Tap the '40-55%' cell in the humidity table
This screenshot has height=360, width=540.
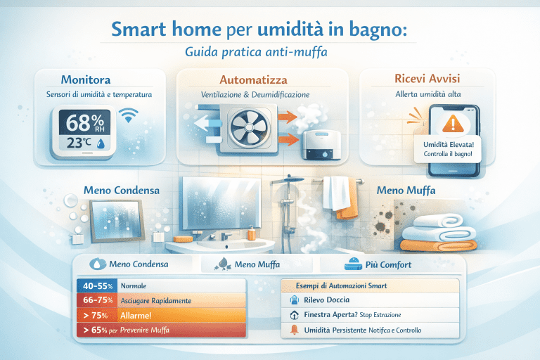pyautogui.click(x=96, y=287)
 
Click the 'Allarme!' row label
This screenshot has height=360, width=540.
pyautogui.click(x=141, y=316)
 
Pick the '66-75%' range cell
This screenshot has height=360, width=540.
pyautogui.click(x=96, y=301)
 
